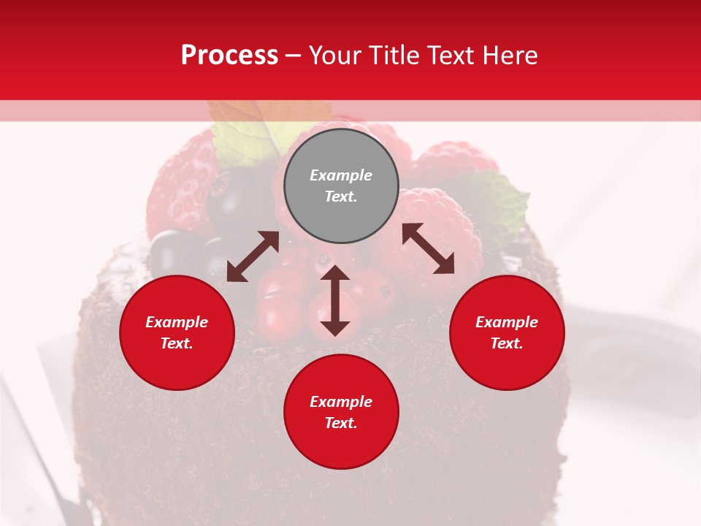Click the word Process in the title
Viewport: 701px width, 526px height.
(x=229, y=56)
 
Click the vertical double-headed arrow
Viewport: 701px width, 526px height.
(x=335, y=300)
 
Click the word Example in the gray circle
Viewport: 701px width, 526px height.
(x=341, y=175)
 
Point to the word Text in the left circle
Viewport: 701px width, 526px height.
(x=177, y=343)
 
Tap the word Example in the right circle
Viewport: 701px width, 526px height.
(x=507, y=322)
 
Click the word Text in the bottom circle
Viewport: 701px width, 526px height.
(x=341, y=423)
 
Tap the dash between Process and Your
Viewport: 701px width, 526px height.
(x=294, y=56)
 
